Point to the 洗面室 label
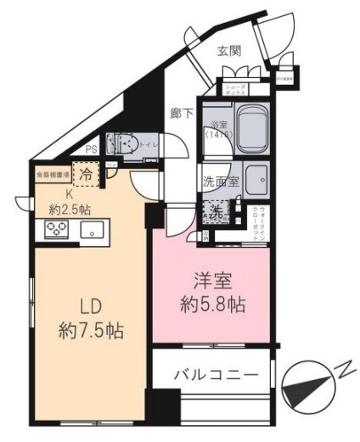click(219, 180)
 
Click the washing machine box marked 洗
click(217, 213)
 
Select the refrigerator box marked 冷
click(87, 172)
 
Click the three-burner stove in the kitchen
click(57, 229)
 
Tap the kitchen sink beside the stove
click(91, 230)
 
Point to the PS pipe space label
click(91, 153)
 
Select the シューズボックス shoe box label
click(236, 87)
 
